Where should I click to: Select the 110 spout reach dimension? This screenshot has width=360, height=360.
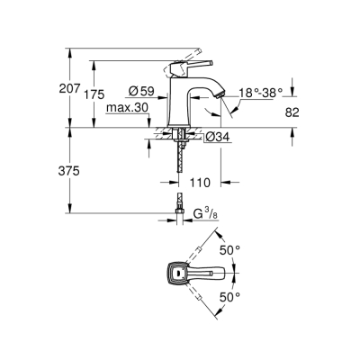(200, 182)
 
